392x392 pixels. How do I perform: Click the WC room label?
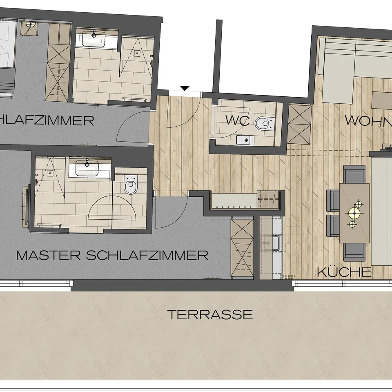(x=237, y=120)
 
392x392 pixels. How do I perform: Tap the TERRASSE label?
(x=210, y=314)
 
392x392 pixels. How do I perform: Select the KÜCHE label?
(x=344, y=272)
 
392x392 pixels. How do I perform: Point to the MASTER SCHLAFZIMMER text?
(x=112, y=256)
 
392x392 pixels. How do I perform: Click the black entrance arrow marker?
(x=185, y=88)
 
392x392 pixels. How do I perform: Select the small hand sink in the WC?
(x=245, y=140)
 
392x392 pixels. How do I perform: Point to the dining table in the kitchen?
(x=354, y=212)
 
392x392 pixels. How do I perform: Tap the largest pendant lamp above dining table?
(x=353, y=212)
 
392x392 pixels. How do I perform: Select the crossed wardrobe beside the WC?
(x=300, y=124)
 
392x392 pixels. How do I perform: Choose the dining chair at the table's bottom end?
(x=354, y=252)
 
